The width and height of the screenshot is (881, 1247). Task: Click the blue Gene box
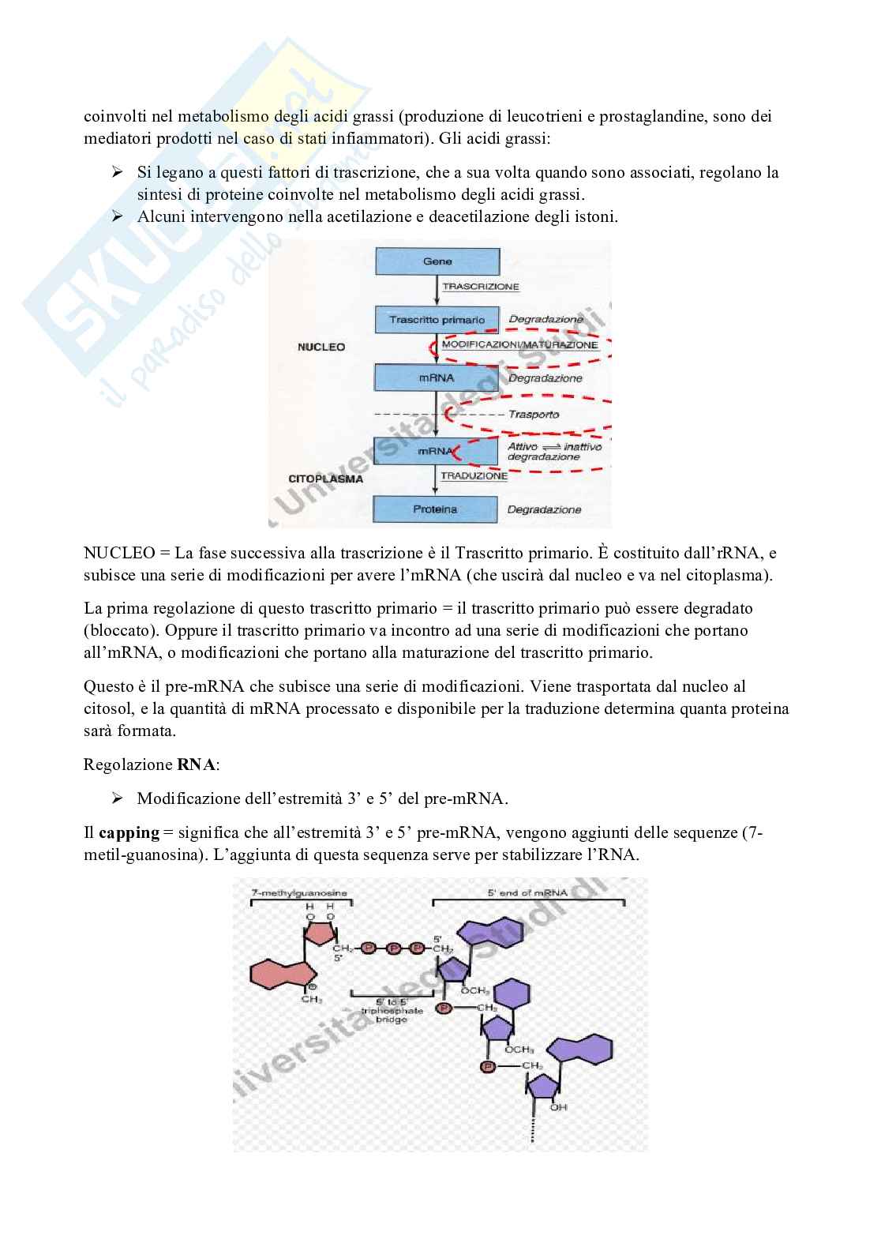click(437, 261)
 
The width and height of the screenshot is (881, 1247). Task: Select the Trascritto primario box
click(437, 320)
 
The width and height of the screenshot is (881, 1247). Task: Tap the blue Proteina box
click(435, 509)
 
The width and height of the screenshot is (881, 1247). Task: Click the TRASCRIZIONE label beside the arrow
click(481, 287)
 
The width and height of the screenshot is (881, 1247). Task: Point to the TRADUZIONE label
click(474, 476)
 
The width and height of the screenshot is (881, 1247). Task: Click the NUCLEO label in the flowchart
click(321, 347)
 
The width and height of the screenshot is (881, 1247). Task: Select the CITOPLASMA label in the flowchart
click(326, 479)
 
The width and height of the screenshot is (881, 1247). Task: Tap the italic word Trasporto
click(534, 415)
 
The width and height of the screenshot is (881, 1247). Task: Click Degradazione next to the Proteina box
click(545, 510)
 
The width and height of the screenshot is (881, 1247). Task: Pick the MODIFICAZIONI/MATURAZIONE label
click(520, 345)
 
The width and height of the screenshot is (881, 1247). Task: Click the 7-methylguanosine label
click(298, 892)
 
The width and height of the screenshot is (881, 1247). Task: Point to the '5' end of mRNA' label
click(528, 892)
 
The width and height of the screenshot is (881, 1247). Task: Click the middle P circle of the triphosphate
click(393, 948)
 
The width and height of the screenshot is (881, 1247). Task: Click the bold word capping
click(129, 833)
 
